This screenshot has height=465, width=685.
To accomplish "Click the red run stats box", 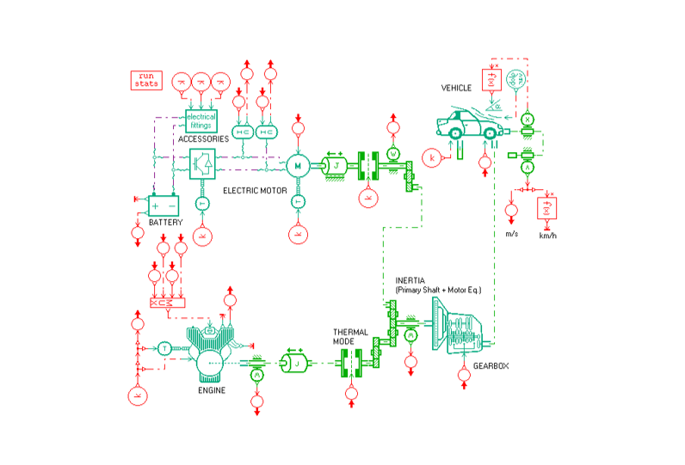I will [145, 80].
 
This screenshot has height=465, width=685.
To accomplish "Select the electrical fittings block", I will [200, 120].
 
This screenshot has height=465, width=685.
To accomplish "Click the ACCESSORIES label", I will [203, 138].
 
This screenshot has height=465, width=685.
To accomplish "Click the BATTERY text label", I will [165, 223].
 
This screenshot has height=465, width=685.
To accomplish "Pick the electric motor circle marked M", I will [298, 164].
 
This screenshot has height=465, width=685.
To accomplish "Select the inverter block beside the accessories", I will [203, 163].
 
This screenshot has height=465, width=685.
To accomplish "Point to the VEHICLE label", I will [457, 88].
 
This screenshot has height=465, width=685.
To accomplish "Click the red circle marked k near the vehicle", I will [434, 157].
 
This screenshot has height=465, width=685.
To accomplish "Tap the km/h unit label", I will [547, 234].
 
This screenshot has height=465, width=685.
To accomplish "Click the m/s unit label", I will [511, 233].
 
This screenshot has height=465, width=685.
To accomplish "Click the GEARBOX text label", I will [491, 366].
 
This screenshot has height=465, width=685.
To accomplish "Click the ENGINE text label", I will [212, 390].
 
